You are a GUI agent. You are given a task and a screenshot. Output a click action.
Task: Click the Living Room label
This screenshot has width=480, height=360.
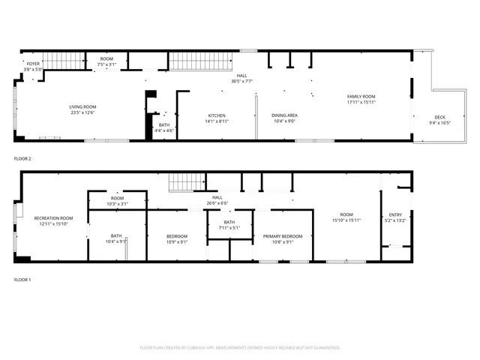pos(83,106)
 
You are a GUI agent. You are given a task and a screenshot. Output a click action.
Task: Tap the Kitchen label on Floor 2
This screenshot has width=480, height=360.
pos(217,115)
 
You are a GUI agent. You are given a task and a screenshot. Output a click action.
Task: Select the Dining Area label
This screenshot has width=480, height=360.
pos(284,115)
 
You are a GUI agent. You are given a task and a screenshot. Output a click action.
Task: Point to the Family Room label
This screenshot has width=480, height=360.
pos(361,97)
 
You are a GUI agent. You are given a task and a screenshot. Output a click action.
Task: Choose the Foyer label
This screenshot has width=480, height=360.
pos(33,64)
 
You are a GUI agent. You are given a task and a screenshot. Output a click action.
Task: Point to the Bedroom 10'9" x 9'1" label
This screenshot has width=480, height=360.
pos(176,236)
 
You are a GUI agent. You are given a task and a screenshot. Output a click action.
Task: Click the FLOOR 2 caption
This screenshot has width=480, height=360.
pos(22,159)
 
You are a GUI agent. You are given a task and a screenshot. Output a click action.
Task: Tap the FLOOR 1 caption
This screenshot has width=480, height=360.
pos(22,279)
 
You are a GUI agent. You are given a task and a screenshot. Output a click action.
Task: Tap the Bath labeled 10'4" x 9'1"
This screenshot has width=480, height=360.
pos(116,236)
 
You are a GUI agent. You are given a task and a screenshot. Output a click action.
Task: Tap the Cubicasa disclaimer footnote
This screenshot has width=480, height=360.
pos(240,347)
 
